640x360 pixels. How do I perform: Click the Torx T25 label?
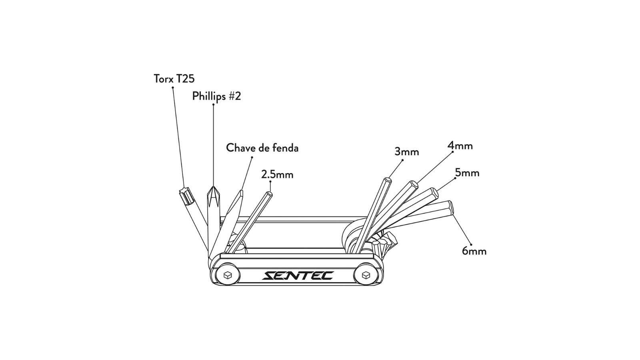pyautogui.click(x=174, y=78)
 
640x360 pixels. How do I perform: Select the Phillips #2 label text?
pyautogui.click(x=216, y=96)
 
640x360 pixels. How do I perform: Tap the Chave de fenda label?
pyautogui.click(x=262, y=148)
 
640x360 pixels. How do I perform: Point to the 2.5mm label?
pyautogui.click(x=277, y=174)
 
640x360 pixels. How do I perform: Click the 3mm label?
pyautogui.click(x=406, y=152)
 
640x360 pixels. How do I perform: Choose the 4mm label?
pyautogui.click(x=460, y=146)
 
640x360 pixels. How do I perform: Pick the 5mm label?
pyautogui.click(x=467, y=173)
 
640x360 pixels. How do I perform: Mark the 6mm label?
pyautogui.click(x=474, y=251)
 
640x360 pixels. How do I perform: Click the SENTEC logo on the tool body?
pyautogui.click(x=298, y=276)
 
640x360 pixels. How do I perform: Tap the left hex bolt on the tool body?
pyautogui.click(x=228, y=275)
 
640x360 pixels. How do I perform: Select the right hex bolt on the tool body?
pyautogui.click(x=366, y=275)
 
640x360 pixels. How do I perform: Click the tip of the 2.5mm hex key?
pyautogui.click(x=268, y=194)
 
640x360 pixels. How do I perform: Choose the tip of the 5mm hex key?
pyautogui.click(x=434, y=191)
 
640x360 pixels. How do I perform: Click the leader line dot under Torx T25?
pyautogui.click(x=173, y=88)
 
